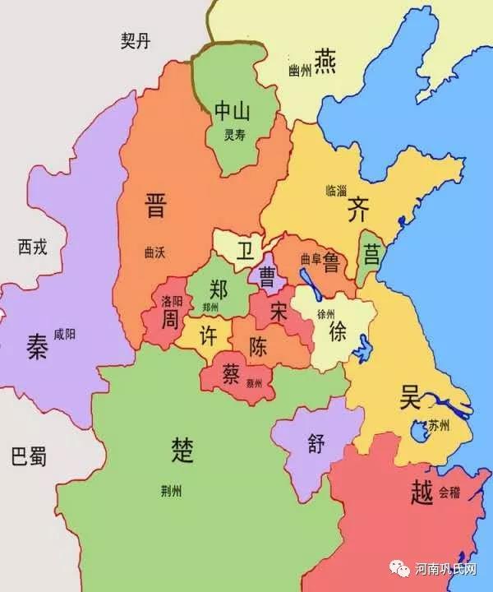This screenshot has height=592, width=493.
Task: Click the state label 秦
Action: pos(37,348)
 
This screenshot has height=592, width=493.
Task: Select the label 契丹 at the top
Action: pos(137,41)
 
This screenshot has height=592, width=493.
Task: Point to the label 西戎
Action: pos(33,246)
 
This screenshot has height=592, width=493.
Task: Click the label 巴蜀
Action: pos(30,456)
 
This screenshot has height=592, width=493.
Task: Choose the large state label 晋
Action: pos(154,205)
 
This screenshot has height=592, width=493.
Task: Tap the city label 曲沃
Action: pos(154,252)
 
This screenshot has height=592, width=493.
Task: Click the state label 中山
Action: pos(232,112)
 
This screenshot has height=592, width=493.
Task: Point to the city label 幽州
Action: pos(301,71)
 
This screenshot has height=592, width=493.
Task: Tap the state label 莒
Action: pos(372,254)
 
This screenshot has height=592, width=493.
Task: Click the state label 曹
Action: pos(267,276)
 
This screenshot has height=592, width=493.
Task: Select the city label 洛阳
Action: pos(171,300)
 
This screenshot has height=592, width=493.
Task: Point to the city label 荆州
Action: pos(173,492)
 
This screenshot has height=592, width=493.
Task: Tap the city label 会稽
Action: pos(449,493)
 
